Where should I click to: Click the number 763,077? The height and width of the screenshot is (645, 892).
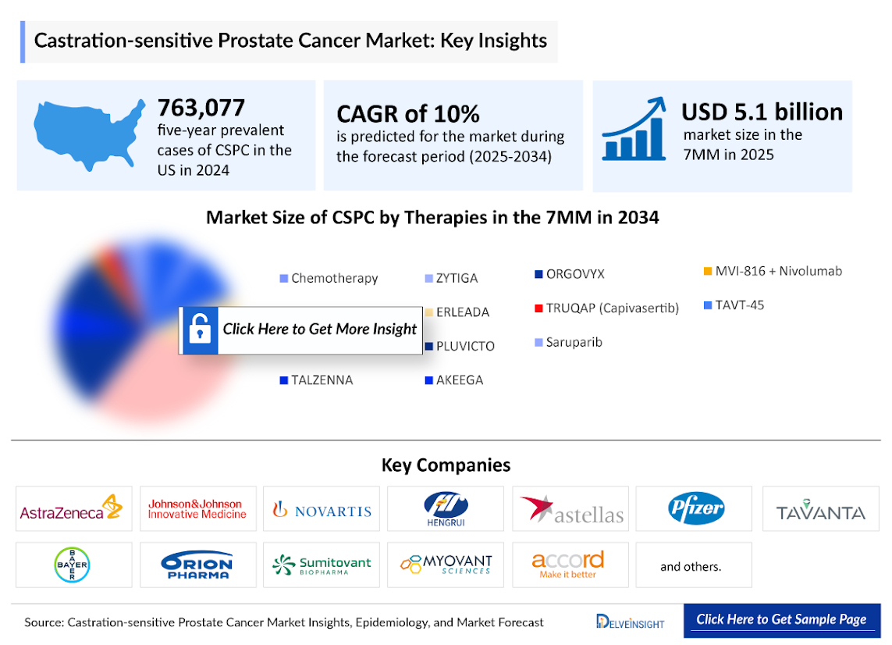(x=201, y=107)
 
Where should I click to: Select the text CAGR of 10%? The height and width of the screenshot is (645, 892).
(x=407, y=113)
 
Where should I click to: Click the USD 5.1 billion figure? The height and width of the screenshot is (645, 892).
(x=762, y=112)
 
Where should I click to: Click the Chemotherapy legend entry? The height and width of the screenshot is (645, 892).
(x=329, y=278)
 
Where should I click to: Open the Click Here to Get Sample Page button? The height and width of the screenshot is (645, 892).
(x=781, y=620)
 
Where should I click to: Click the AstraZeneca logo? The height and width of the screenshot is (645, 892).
(x=73, y=509)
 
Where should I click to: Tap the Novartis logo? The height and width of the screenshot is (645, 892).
(x=322, y=510)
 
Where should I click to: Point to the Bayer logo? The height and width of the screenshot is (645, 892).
(x=73, y=565)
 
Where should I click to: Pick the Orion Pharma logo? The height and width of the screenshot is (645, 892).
(x=197, y=565)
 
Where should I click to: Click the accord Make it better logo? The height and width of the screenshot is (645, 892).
(x=567, y=564)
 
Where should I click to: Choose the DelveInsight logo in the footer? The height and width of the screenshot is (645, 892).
(x=631, y=622)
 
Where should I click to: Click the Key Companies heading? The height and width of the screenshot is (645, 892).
(x=446, y=465)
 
